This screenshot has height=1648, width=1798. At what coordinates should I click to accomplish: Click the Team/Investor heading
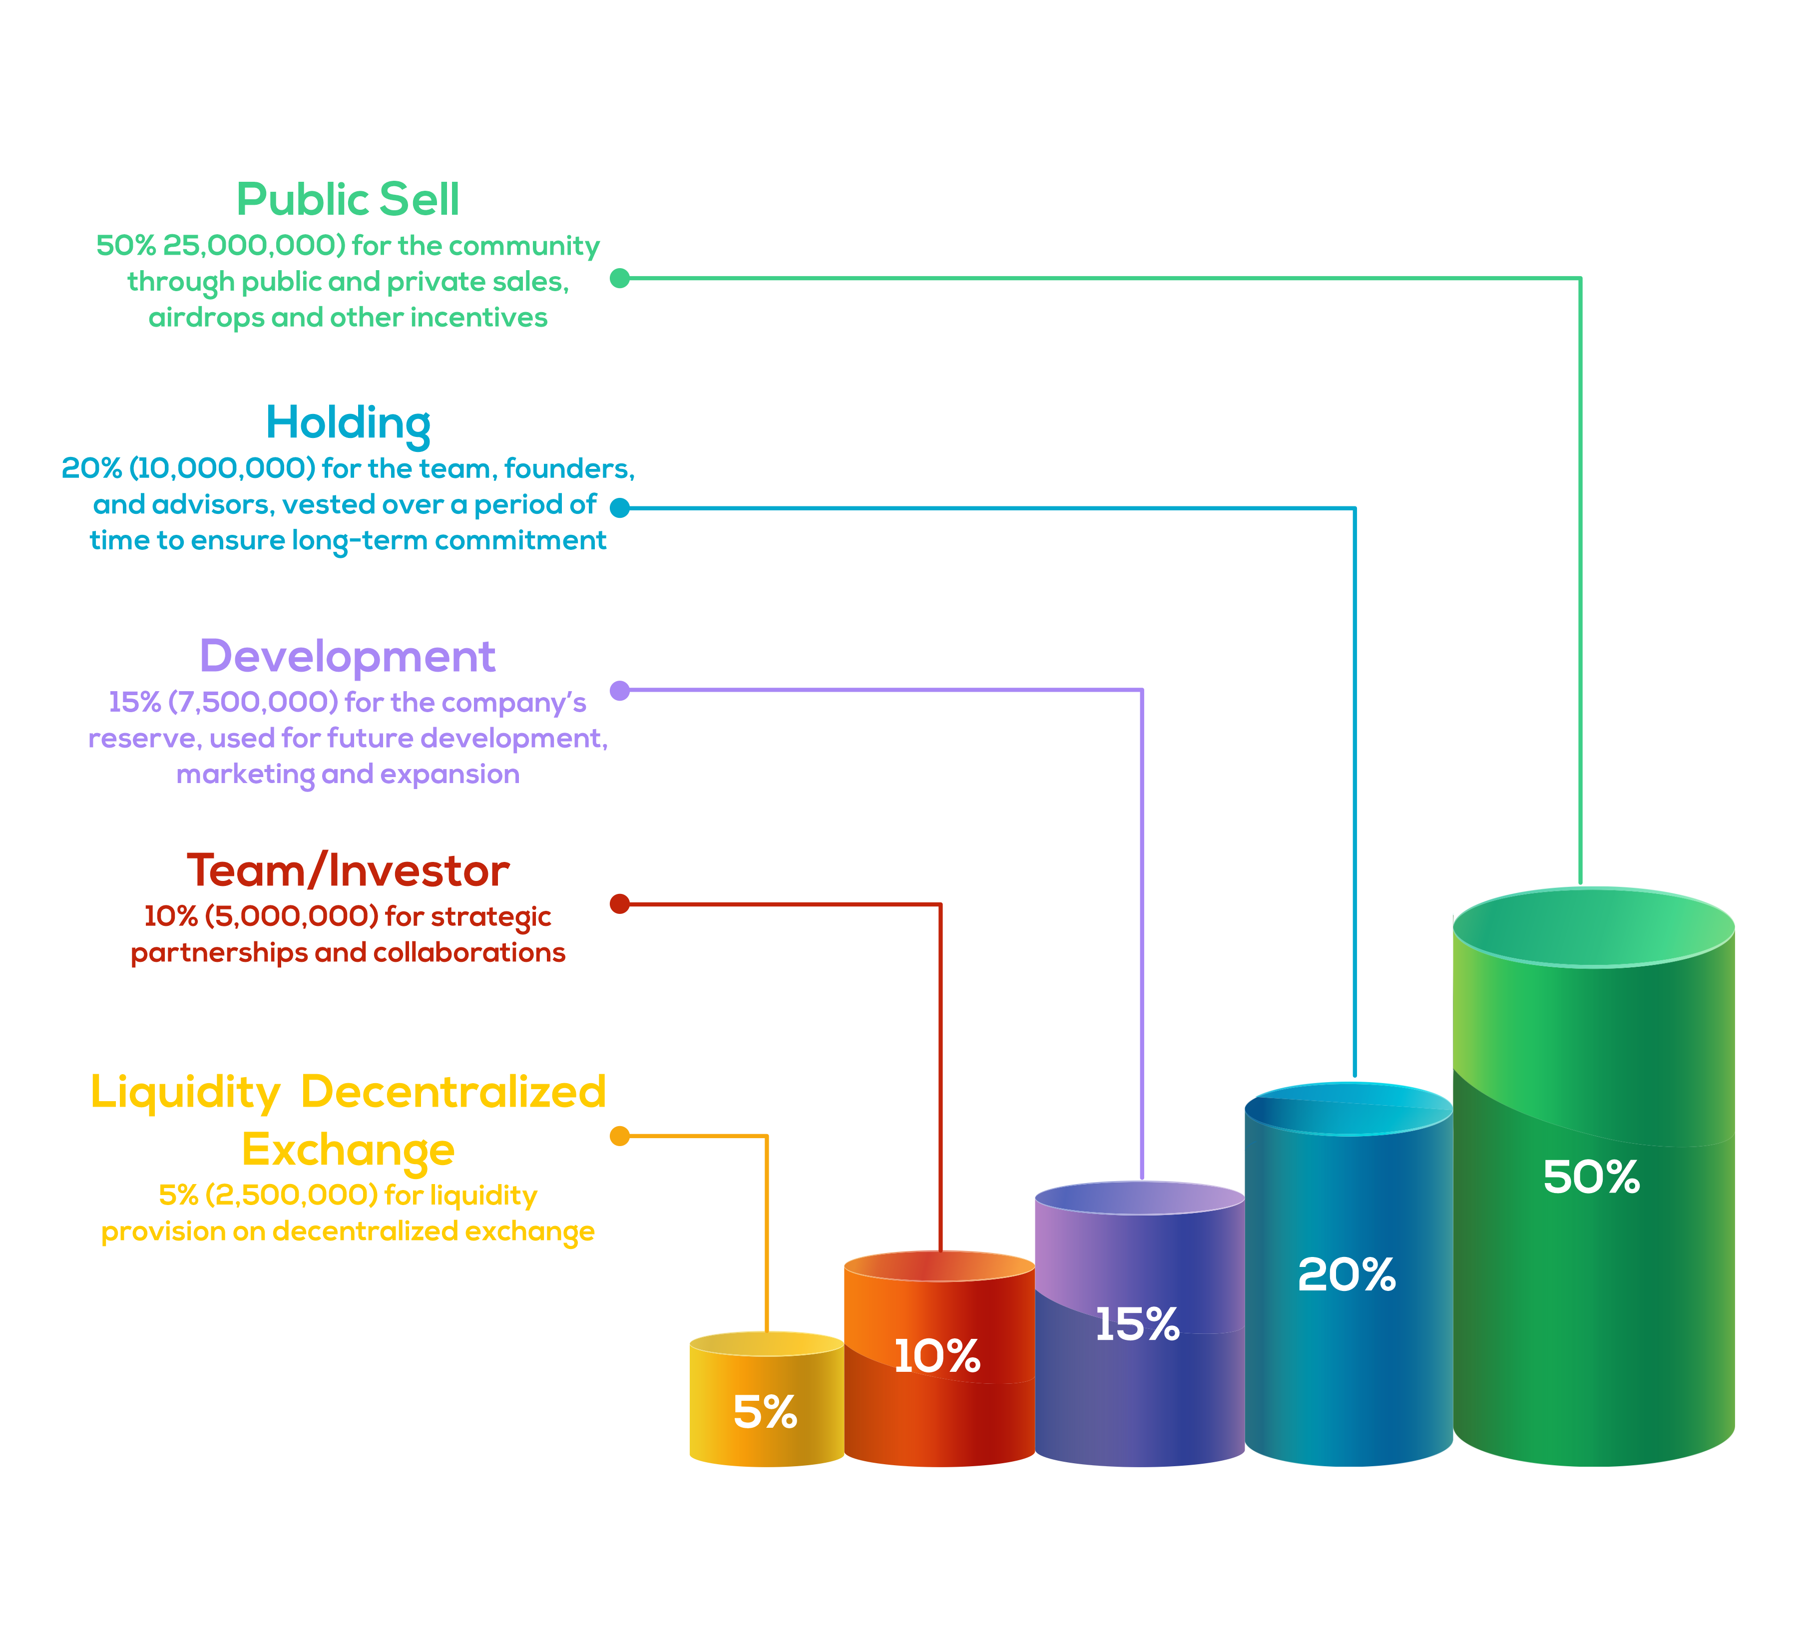(348, 871)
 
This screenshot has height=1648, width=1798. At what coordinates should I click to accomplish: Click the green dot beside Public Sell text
(620, 278)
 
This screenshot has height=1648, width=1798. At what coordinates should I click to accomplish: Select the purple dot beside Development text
(620, 690)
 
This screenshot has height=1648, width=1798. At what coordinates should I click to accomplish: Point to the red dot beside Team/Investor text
(620, 903)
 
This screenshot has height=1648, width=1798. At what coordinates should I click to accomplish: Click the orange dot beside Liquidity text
(620, 1136)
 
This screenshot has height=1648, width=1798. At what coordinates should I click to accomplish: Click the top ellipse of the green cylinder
(1594, 927)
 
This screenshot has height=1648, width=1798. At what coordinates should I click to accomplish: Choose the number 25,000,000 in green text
(254, 246)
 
